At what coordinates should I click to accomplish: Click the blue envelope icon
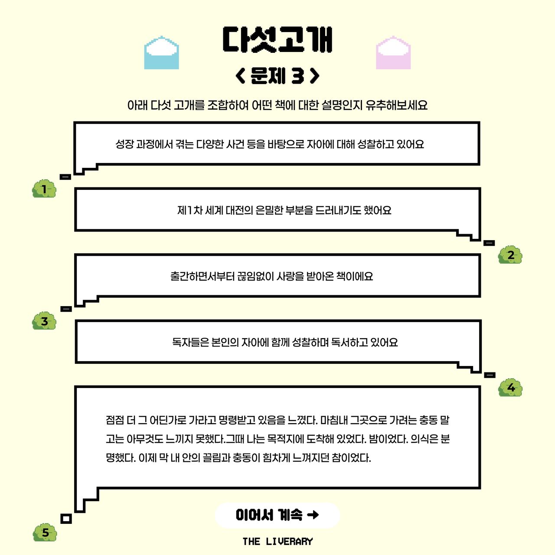point(161,52)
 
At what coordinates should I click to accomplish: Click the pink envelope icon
point(393,52)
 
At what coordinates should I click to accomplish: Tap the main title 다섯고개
point(277,39)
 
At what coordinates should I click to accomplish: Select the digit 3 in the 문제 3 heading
point(297,76)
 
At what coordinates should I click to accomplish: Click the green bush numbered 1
point(44,189)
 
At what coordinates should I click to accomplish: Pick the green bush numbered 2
point(510,255)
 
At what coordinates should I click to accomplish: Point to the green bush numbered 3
point(44,320)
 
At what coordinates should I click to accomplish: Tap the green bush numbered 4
point(510,387)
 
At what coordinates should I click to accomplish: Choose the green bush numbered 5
point(45,532)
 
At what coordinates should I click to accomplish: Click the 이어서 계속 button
point(277,515)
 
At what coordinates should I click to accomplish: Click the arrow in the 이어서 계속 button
point(313,515)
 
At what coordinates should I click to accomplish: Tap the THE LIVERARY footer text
point(277,542)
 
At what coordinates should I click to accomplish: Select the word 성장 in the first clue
point(125,144)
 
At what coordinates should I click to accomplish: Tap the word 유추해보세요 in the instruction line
point(397,105)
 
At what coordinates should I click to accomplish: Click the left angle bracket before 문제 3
point(240,76)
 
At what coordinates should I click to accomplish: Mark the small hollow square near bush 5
point(66,519)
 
